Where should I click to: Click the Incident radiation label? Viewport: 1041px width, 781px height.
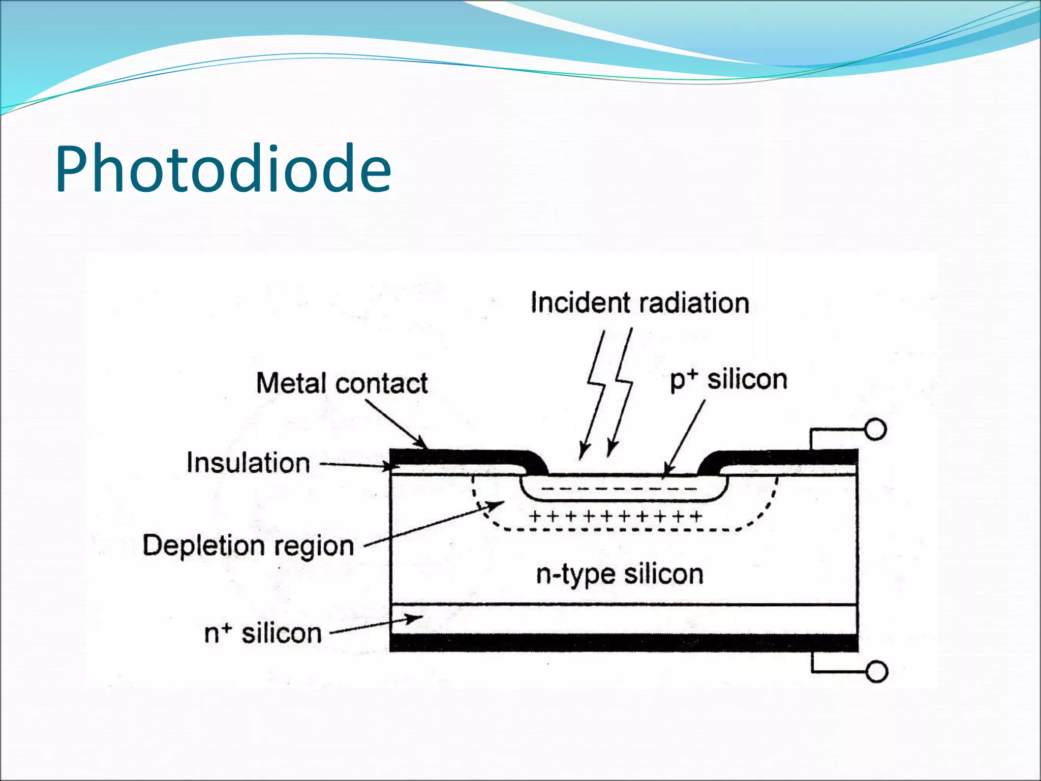(x=639, y=303)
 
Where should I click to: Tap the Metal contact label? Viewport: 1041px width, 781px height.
(x=342, y=383)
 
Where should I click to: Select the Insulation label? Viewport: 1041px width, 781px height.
(x=248, y=463)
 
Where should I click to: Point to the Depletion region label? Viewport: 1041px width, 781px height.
(x=248, y=546)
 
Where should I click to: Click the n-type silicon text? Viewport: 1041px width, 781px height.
(x=620, y=575)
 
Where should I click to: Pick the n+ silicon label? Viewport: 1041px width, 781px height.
(x=263, y=634)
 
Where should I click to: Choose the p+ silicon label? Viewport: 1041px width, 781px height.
(x=728, y=380)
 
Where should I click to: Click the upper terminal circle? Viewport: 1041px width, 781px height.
(x=875, y=430)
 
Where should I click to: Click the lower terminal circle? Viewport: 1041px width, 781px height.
(x=876, y=672)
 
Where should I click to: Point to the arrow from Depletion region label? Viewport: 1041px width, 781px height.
(x=435, y=524)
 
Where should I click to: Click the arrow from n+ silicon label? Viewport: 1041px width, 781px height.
(x=376, y=625)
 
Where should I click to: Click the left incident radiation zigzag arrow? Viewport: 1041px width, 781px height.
(x=593, y=394)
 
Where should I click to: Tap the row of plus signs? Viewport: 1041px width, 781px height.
(x=616, y=517)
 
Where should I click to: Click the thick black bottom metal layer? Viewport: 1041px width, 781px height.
(x=624, y=643)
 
